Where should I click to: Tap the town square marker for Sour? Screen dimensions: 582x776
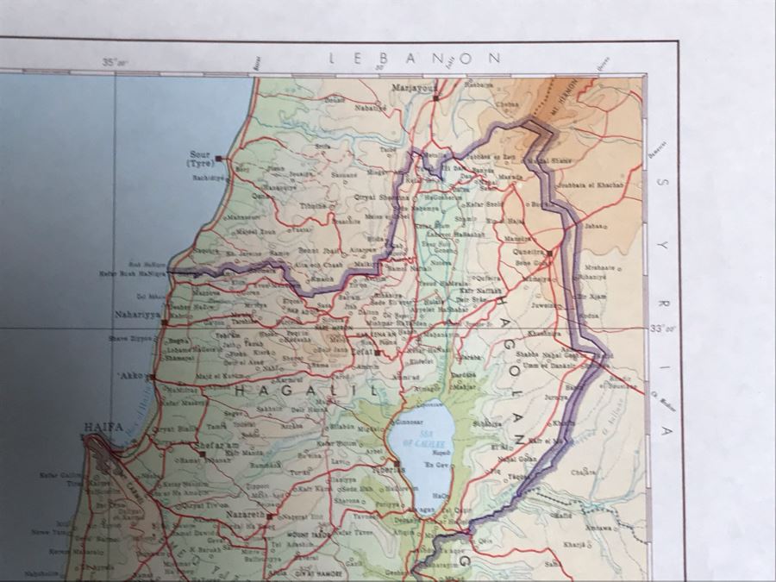[219, 159]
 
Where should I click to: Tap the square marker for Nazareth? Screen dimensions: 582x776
[269, 516]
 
